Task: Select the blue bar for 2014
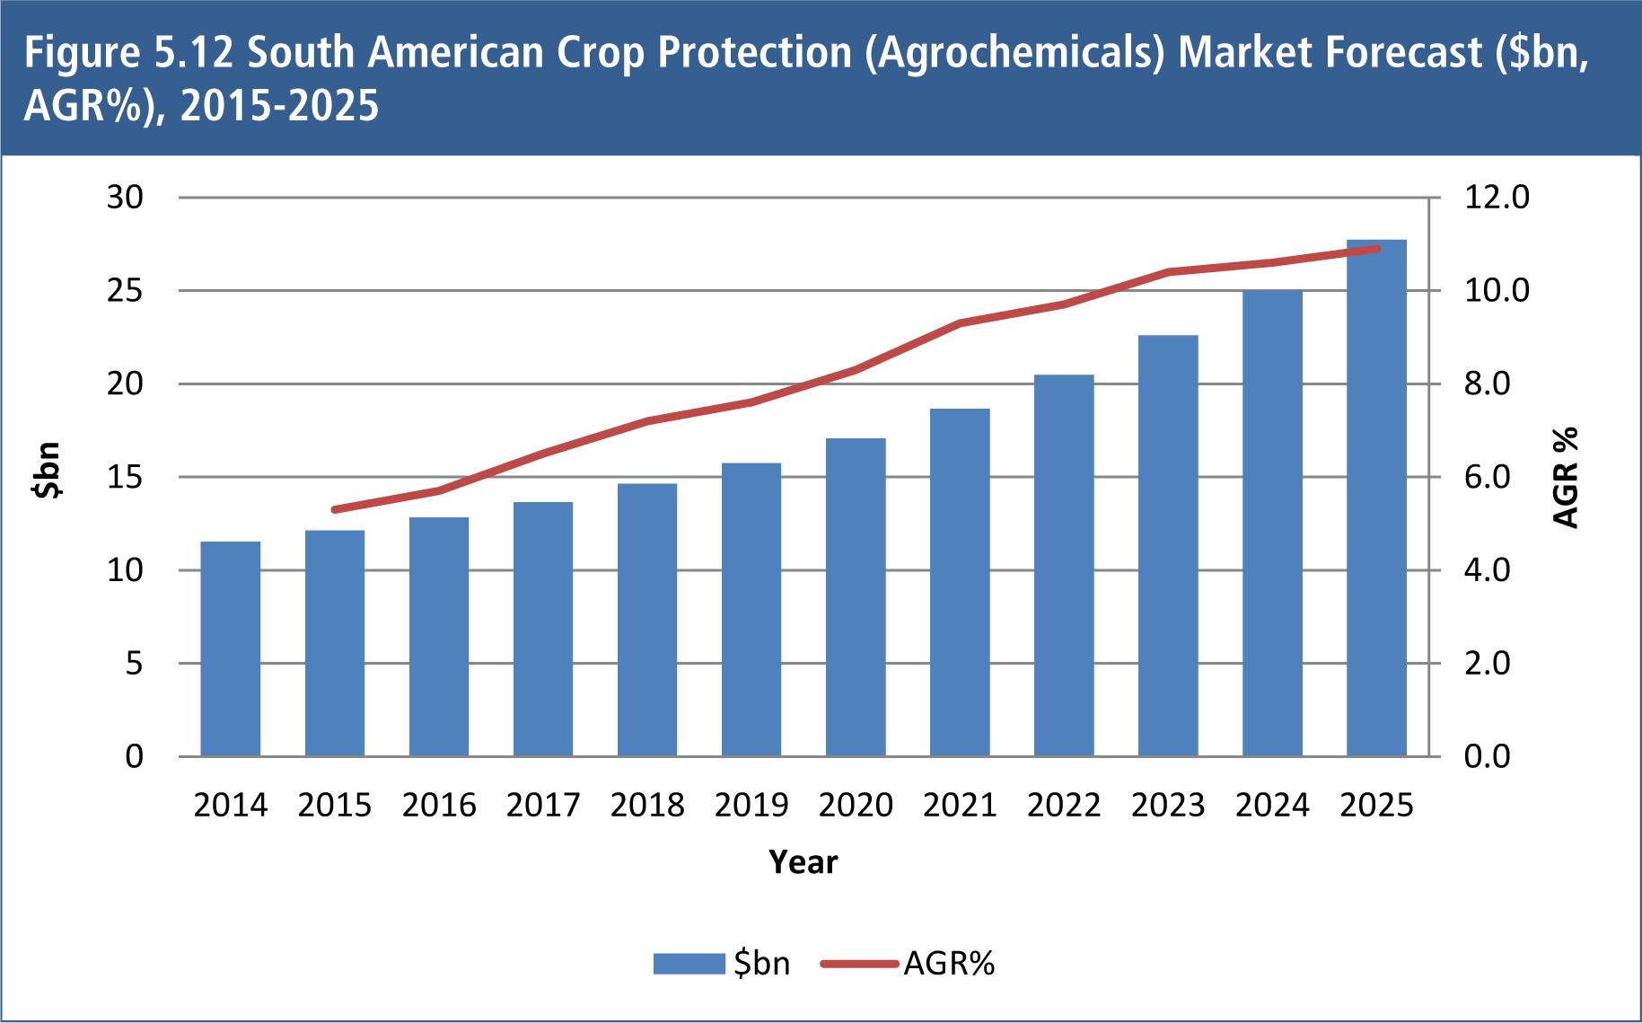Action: tap(230, 648)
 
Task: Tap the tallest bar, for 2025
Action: tap(1376, 498)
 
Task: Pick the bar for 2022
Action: tap(1064, 566)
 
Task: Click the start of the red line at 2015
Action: tap(335, 509)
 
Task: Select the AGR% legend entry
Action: tap(909, 964)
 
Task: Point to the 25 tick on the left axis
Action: tap(125, 290)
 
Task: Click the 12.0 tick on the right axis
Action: tap(1496, 197)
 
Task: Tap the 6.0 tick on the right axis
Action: tap(1487, 477)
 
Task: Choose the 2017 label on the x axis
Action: tap(542, 805)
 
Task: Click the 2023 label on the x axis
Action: tap(1167, 805)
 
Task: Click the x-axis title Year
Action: tap(803, 862)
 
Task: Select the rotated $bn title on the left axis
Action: tap(47, 470)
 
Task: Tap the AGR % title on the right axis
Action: tap(1565, 478)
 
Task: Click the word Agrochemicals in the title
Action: tap(1020, 52)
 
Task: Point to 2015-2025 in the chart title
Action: tap(279, 106)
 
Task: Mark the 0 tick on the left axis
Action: tap(134, 756)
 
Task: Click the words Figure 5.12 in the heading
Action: tap(129, 52)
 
